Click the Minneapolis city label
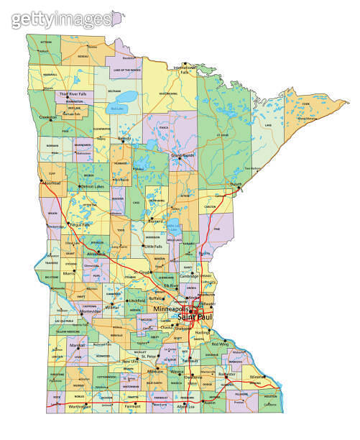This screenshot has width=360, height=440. pos(172,308)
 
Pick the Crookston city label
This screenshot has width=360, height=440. pos(48,117)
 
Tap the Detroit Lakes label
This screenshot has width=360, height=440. pos(93,186)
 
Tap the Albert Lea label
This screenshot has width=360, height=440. pos(186,407)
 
